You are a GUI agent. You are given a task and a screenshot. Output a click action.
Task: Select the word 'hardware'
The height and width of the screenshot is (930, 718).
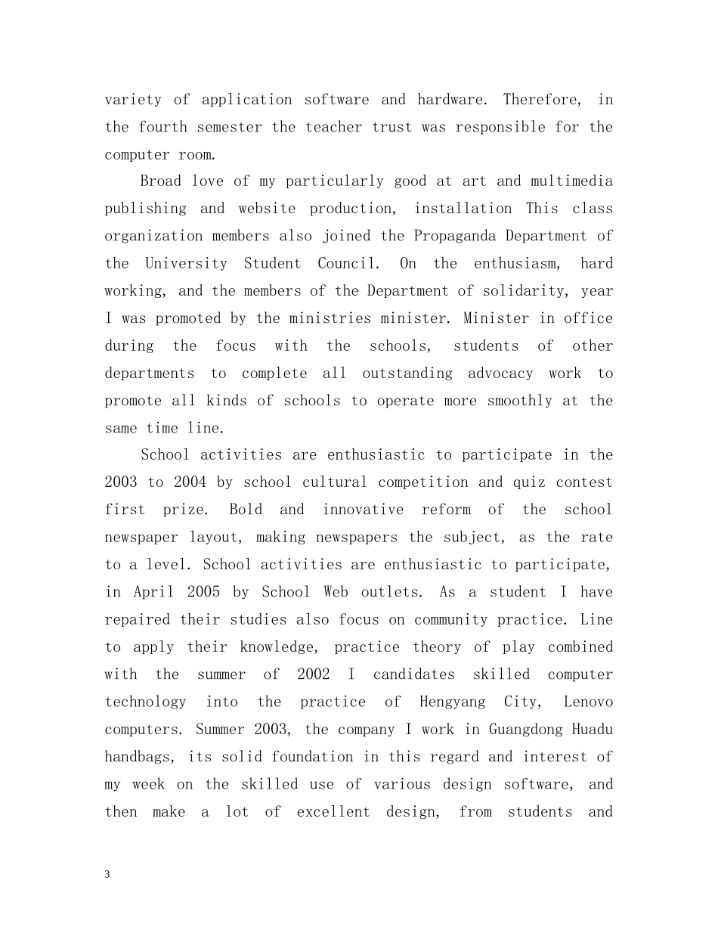coord(450,100)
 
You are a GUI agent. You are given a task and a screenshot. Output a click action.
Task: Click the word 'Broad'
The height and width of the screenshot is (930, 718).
coord(161,181)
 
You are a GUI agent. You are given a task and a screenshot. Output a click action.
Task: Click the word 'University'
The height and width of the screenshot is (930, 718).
coord(186,264)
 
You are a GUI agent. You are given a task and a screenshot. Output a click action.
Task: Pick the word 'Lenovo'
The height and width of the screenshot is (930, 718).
coord(588,702)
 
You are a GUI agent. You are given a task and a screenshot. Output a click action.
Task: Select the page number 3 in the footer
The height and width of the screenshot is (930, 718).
coord(107,875)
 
